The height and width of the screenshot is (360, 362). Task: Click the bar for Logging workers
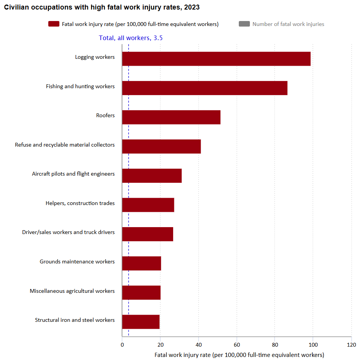tap(216, 59)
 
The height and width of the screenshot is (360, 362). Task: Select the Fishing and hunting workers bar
tap(204, 88)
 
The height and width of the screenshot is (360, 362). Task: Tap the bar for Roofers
tap(171, 117)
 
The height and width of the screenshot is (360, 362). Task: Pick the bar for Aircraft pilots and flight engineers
tap(152, 176)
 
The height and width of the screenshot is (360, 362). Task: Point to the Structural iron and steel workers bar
tap(141, 321)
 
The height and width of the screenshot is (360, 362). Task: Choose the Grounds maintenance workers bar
tap(142, 263)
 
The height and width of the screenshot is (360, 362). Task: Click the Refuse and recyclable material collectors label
tap(65, 145)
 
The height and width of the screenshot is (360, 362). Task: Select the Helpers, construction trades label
tap(80, 203)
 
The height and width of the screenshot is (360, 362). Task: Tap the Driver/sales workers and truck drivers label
tap(68, 232)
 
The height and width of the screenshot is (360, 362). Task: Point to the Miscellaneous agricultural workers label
tap(72, 291)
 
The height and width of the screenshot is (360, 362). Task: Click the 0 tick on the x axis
tap(122, 345)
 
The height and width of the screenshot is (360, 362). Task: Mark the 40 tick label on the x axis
tap(198, 345)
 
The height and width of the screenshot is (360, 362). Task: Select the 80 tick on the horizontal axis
tap(275, 345)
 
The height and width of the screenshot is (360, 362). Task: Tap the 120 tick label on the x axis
tap(351, 345)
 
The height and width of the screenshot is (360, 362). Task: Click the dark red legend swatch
tap(54, 24)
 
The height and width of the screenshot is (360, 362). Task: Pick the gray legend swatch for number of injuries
tap(244, 24)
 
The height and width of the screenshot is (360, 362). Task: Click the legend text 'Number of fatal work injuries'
tap(288, 24)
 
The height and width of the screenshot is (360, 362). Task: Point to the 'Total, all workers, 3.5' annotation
tap(131, 38)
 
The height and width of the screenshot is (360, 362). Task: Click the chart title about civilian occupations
tap(102, 7)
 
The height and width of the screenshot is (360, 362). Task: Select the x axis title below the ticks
tap(239, 355)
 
